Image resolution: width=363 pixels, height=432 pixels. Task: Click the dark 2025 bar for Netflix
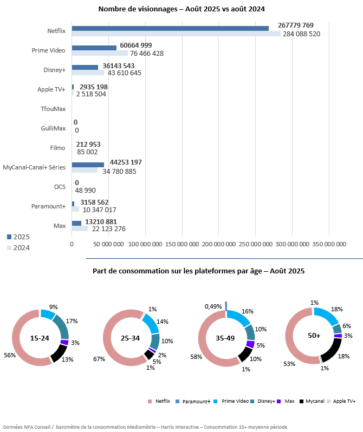coord(170,28)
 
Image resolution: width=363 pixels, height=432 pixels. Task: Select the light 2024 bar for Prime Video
coord(100,53)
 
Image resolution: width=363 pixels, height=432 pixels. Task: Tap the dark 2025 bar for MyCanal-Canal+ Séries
coord(88,165)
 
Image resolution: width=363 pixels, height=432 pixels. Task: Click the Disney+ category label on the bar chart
coord(54,70)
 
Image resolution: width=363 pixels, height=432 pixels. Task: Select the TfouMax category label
coord(53,109)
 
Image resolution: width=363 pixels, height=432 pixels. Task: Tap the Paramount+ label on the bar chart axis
coord(49,206)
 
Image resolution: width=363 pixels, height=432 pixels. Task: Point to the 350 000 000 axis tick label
coord(329,244)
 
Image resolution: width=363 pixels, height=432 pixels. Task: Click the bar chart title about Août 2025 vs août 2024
coord(181,9)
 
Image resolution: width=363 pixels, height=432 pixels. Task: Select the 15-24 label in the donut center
coord(40,337)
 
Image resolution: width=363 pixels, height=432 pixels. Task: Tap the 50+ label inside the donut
coord(313,336)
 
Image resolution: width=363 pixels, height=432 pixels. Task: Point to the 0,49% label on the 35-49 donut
coord(212,306)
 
